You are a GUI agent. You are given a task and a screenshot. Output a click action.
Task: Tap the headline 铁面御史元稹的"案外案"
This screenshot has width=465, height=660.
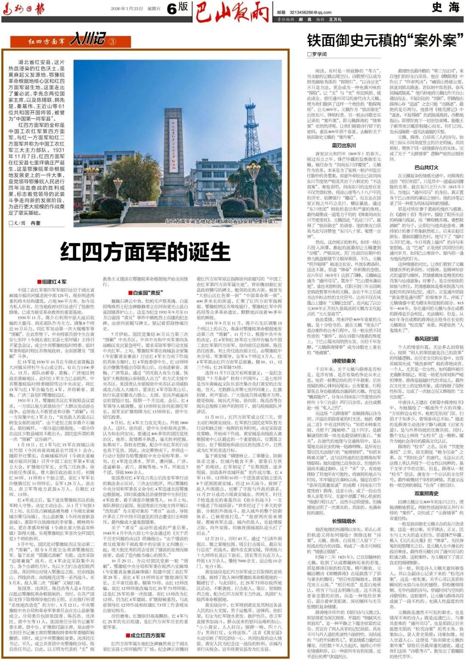(381, 41)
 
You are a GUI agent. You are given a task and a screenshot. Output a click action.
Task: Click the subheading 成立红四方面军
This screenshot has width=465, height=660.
(146, 635)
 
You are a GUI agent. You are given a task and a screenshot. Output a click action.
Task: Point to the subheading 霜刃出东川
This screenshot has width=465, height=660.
(344, 146)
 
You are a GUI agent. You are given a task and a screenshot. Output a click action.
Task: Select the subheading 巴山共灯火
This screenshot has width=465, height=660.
(426, 167)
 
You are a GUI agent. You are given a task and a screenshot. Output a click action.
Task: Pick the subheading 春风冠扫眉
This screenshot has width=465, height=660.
(426, 339)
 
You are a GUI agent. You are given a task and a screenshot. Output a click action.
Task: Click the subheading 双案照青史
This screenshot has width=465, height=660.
(426, 494)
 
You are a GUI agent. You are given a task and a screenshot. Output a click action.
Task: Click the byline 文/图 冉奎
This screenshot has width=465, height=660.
(25, 223)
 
